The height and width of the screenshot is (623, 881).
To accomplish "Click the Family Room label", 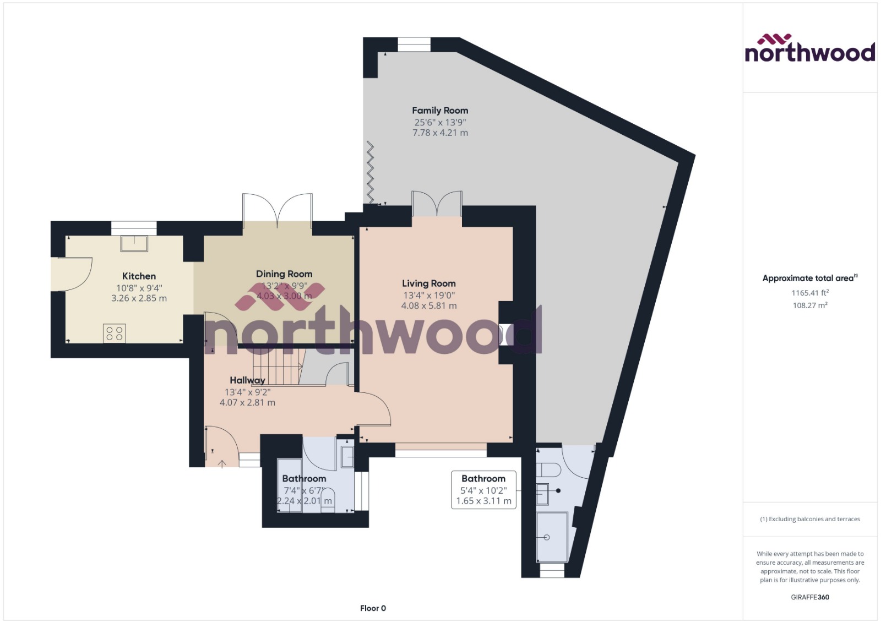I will click(x=440, y=111).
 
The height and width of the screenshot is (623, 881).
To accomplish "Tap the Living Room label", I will click(x=428, y=283).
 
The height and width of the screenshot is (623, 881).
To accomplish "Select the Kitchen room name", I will click(x=139, y=276).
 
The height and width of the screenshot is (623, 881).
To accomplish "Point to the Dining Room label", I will click(x=284, y=274).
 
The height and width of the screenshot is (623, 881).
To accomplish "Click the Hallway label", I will click(x=247, y=380).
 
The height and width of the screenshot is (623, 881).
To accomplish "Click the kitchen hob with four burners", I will click(x=115, y=333).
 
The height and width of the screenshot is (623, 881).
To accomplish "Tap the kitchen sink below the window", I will click(x=134, y=243).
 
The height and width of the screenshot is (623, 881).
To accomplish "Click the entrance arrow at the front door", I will click(x=222, y=464).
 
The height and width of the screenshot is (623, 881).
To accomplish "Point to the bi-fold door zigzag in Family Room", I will click(x=371, y=172).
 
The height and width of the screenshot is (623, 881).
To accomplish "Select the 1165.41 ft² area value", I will click(x=810, y=293).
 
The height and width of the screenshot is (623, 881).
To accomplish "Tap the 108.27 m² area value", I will click(x=810, y=305).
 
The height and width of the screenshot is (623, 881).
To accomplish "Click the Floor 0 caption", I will click(x=373, y=608).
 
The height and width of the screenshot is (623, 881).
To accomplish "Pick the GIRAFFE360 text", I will click(x=810, y=597).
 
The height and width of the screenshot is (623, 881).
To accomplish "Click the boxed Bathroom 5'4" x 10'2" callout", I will click(x=483, y=489).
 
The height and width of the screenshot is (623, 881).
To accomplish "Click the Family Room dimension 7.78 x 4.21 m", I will click(x=440, y=133).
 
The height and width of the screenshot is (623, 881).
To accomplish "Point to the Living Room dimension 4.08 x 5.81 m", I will click(x=428, y=306).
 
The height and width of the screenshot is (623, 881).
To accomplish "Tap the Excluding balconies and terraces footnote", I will click(x=810, y=519).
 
